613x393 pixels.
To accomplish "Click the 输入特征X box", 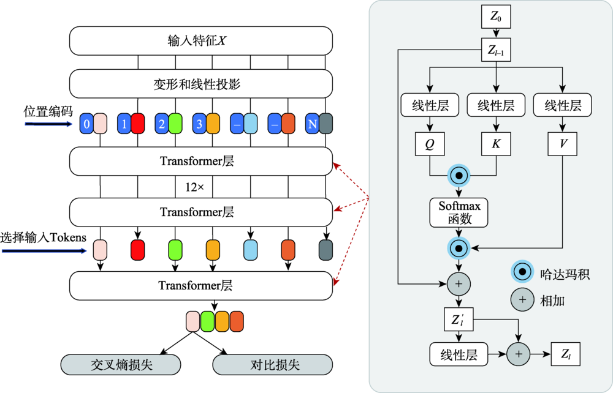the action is [201, 40].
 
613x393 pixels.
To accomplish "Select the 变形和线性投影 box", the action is [201, 84].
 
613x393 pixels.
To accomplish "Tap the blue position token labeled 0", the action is [87, 124].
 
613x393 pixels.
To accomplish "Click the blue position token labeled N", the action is [313, 124].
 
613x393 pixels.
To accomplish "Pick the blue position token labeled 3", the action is [199, 124].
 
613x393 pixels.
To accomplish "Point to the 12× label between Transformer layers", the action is [194, 187].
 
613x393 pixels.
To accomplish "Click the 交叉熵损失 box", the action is [121, 365].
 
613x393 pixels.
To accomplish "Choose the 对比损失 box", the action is [273, 365].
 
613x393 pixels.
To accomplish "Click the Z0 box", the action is [496, 17].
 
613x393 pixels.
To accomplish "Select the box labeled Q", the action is [430, 144].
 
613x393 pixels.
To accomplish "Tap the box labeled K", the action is [496, 144].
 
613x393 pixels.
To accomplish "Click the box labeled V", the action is [562, 144].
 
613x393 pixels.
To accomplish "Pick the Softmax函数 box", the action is [459, 212].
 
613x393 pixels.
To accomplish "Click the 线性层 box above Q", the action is [430, 105].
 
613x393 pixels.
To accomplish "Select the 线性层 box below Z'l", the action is [459, 354].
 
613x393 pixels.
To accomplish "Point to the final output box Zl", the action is [565, 354].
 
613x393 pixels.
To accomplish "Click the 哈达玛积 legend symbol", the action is [522, 271].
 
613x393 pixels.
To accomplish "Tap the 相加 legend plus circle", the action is [522, 300].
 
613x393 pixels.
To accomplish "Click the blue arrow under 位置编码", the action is [49, 124].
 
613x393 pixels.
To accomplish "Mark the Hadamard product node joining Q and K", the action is [459, 176].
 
